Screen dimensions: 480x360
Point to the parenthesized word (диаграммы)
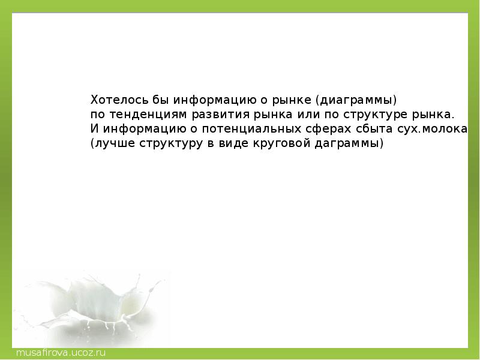356,100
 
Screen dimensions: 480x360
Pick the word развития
221,115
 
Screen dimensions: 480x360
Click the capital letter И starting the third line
94,128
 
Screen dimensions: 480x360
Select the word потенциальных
251,129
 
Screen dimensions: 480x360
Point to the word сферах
328,129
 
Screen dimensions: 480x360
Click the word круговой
281,143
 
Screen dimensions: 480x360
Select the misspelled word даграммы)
349,143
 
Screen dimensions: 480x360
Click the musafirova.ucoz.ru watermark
61,353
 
